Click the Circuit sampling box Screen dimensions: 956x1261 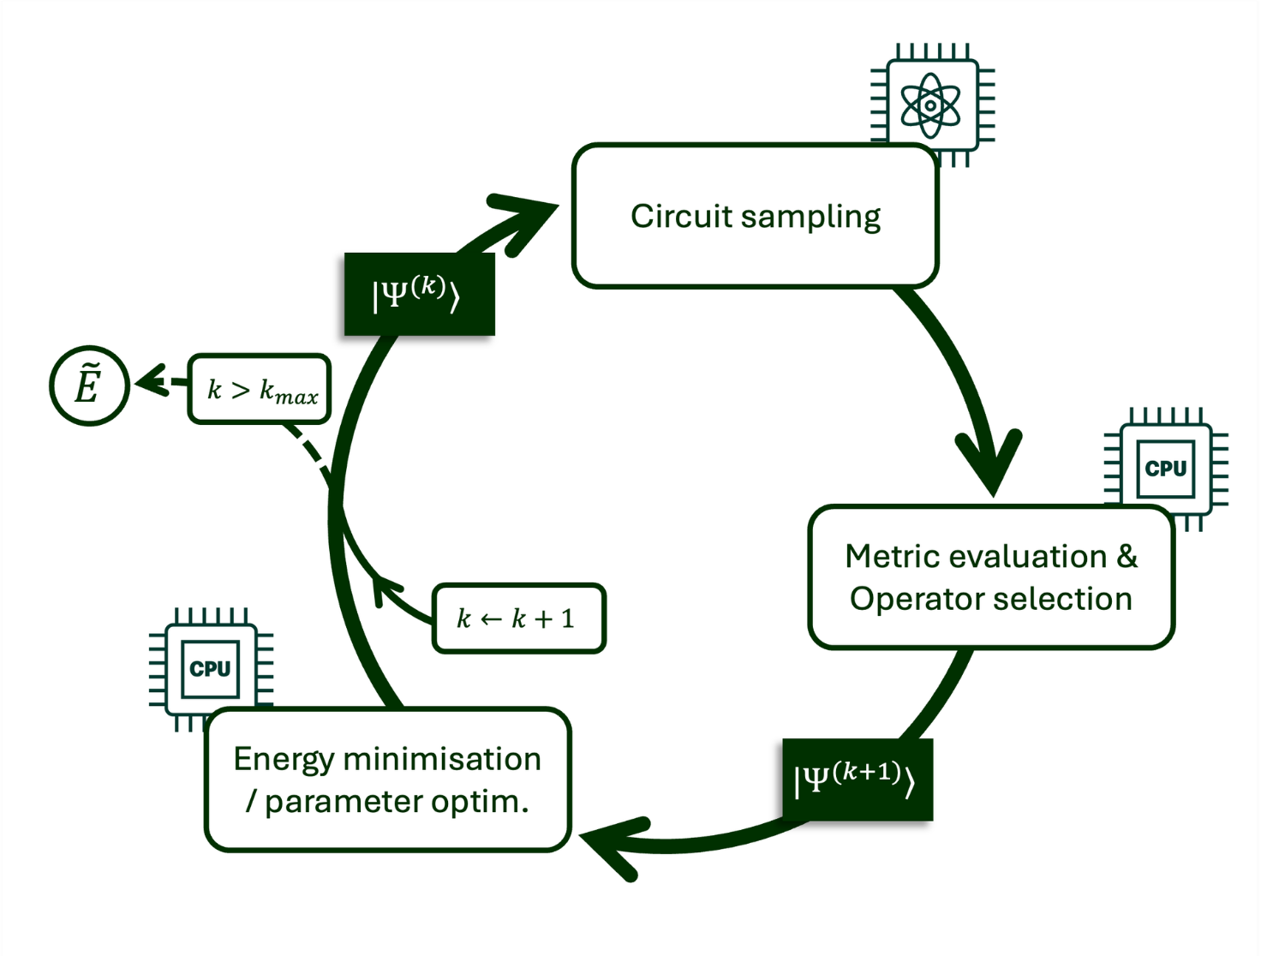click(756, 216)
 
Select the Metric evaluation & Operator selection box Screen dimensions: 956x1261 click(991, 577)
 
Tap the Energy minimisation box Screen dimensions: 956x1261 click(387, 780)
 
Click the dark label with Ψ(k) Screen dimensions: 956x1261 click(419, 294)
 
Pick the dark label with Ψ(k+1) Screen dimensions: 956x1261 click(857, 780)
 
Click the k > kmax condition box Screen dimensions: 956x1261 click(260, 390)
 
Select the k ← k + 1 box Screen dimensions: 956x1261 click(518, 618)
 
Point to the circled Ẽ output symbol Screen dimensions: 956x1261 click(89, 386)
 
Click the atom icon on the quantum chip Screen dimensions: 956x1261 click(931, 105)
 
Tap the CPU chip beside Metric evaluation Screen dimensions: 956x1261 click(1166, 468)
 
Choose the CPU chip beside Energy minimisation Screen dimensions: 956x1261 click(211, 668)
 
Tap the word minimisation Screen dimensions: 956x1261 click(442, 759)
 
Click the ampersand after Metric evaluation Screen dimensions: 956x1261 click(1127, 556)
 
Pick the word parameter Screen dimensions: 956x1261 click(344, 802)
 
